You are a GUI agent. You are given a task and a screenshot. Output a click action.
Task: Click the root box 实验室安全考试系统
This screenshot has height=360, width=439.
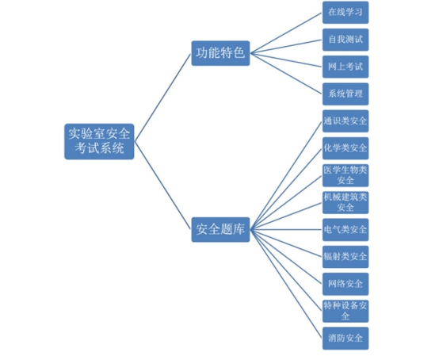[x=99, y=141]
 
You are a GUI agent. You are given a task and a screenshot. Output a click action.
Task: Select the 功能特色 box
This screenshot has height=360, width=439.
[x=220, y=53]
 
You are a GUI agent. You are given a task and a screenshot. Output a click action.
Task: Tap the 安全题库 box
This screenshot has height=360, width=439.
[x=220, y=230]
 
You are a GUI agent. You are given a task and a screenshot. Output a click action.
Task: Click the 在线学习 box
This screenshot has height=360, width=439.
[x=345, y=13]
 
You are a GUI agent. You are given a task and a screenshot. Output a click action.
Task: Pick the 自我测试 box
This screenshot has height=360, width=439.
[x=345, y=40]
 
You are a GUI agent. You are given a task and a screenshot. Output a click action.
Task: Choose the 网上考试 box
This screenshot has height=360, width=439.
[x=345, y=67]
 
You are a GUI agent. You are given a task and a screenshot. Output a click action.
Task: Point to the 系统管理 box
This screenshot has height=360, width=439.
[x=345, y=94]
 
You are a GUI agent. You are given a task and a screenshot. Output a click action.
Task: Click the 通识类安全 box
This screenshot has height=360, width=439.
[x=345, y=121]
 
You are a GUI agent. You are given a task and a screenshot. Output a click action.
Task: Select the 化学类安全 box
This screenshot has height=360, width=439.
[x=345, y=148]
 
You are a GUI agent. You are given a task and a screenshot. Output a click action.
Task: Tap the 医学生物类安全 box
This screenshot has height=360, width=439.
[x=345, y=175]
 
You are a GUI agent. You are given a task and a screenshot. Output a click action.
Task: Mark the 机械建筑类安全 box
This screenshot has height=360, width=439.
[x=345, y=202]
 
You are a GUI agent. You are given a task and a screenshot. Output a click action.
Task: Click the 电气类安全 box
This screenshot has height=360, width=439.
[x=345, y=230]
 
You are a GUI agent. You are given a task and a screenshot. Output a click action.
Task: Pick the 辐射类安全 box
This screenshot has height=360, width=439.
[x=345, y=257]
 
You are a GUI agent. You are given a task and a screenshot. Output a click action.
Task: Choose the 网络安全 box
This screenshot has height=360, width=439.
[x=345, y=284]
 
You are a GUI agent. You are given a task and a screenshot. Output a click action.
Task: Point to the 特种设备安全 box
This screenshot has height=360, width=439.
[x=345, y=312]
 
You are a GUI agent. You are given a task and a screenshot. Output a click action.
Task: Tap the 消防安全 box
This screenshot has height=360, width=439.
[x=345, y=339]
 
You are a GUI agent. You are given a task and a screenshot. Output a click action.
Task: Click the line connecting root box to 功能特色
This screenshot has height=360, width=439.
[x=162, y=98]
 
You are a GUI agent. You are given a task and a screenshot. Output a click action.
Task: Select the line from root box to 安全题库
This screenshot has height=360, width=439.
[x=162, y=186]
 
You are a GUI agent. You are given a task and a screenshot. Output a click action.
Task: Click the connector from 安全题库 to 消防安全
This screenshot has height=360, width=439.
[x=286, y=284]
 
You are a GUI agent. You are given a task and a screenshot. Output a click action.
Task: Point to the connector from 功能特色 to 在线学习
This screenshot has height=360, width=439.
[x=286, y=33]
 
